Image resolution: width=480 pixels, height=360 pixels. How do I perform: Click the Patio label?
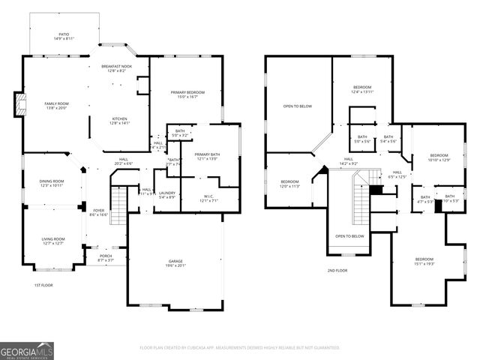tap(64, 36)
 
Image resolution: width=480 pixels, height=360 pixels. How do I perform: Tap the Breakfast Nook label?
tap(116, 68)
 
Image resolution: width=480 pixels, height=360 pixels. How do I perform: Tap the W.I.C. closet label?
tap(208, 199)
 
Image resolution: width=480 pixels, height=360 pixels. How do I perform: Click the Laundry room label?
tap(166, 195)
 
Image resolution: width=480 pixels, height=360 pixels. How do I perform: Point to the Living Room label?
tap(52, 241)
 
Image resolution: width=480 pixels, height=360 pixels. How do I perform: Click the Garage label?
tap(175, 262)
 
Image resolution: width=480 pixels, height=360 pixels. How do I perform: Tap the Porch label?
tap(105, 258)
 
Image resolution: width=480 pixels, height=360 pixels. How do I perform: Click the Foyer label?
tap(99, 212)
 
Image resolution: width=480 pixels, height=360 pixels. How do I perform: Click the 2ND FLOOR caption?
tap(337, 270)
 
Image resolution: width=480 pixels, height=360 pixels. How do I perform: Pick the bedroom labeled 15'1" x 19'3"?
tap(424, 262)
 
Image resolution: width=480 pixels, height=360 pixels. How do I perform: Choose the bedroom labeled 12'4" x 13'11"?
tap(362, 89)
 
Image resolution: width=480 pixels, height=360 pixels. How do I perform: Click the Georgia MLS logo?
tap(27, 350)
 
